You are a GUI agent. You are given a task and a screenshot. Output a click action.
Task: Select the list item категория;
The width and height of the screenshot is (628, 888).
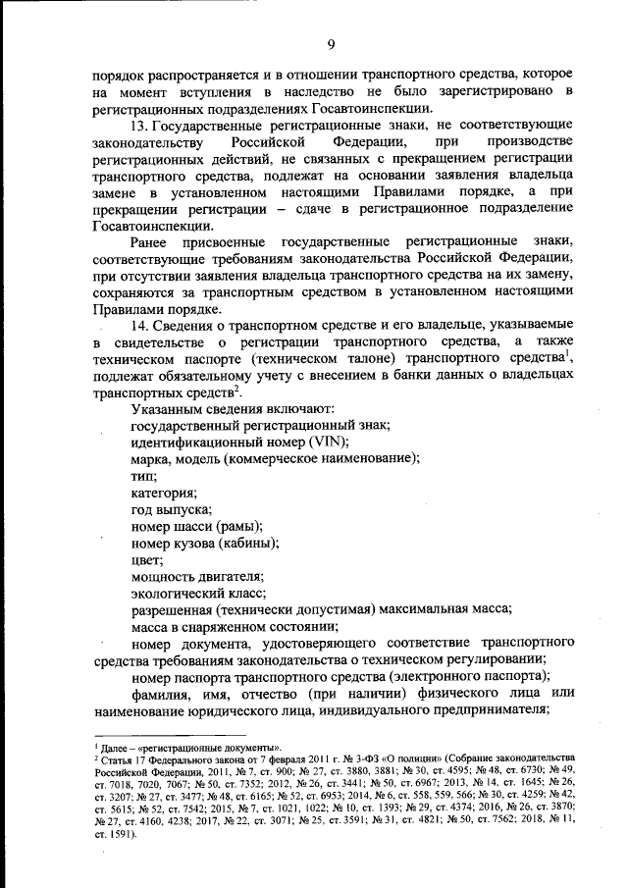tap(164, 494)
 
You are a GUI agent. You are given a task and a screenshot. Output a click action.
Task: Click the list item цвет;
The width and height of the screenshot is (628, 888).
tap(146, 561)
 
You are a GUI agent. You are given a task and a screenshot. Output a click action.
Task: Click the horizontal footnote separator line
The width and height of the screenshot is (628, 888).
tap(136, 737)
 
